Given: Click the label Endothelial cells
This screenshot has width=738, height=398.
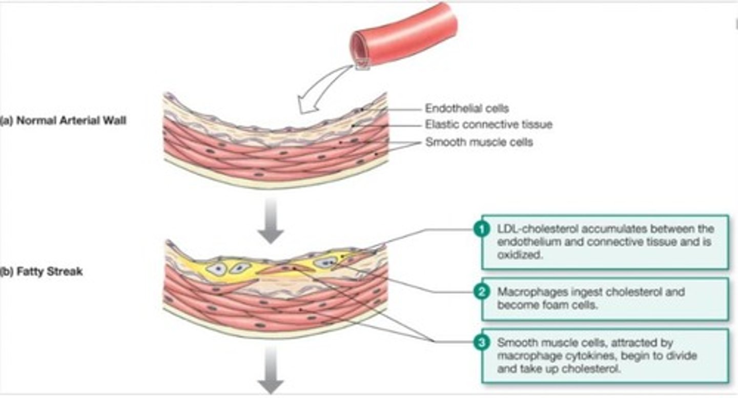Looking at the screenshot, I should point(467,109).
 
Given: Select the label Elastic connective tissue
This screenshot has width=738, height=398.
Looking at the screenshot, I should point(488,124).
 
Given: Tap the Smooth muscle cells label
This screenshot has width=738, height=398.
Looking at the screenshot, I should point(479,142).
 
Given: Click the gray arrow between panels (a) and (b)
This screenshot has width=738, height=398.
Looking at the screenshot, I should point(271,219).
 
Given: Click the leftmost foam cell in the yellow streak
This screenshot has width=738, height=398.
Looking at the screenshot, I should point(216,267).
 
